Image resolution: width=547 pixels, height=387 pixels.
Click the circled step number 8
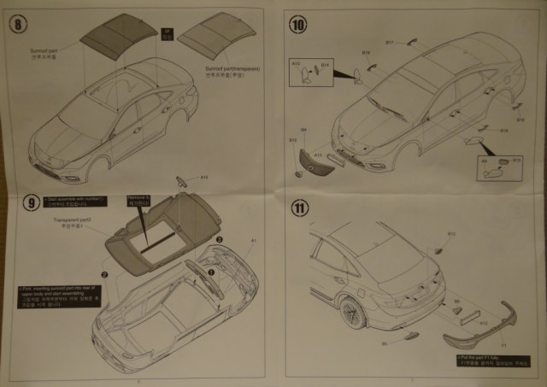pos(19,21)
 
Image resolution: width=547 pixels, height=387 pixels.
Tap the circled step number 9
pos(32,202)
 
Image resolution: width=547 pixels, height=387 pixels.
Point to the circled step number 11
pos(299,207)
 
